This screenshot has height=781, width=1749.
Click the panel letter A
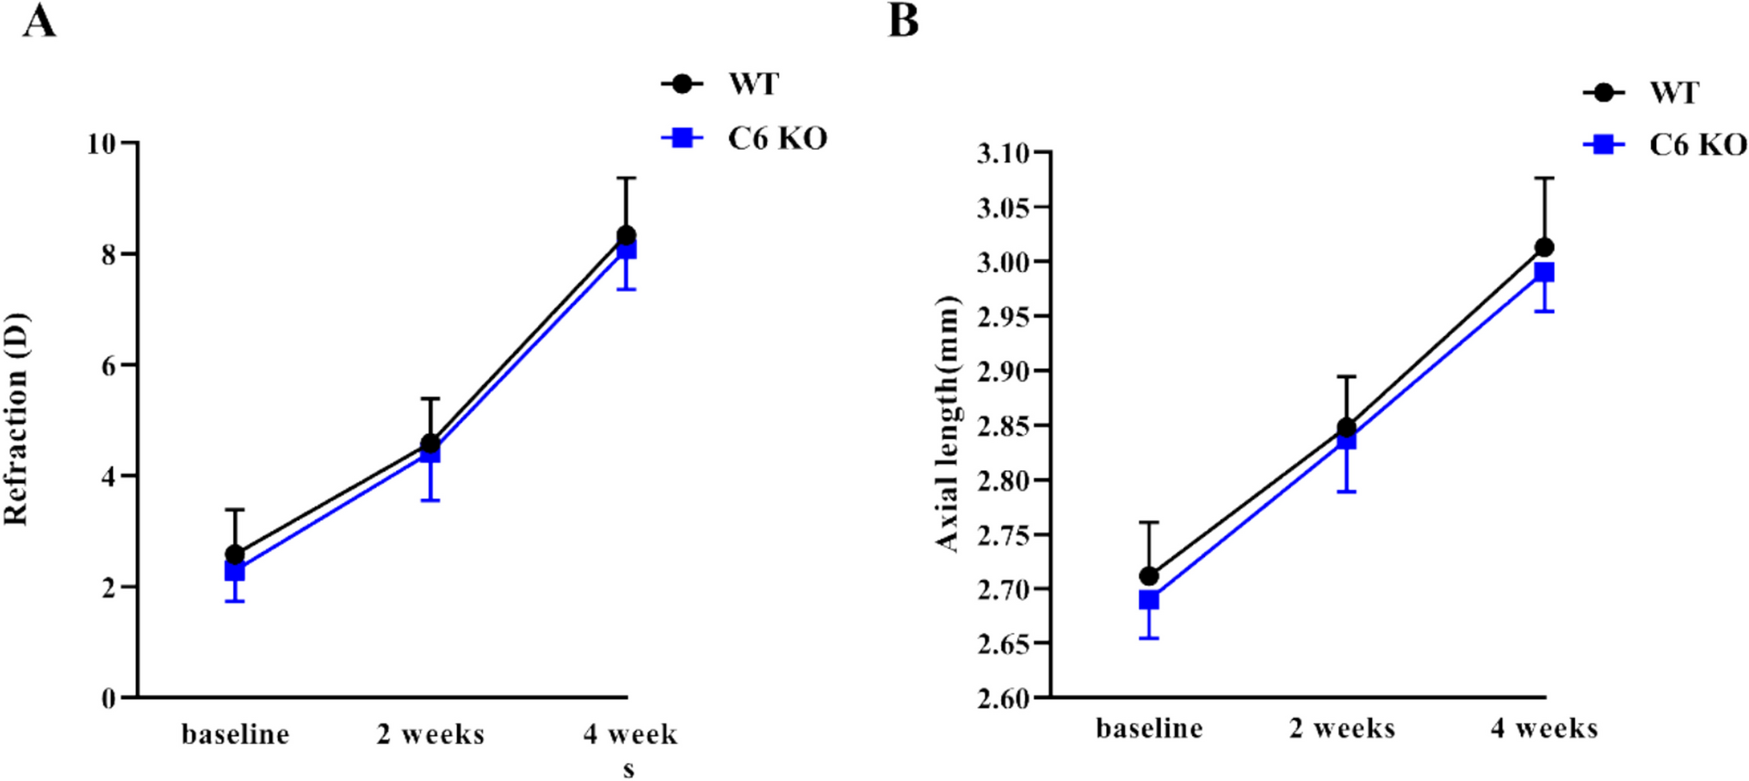(x=40, y=21)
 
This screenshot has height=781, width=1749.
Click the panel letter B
(x=903, y=21)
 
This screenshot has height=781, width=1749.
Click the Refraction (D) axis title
(x=16, y=419)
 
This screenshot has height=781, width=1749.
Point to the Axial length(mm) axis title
(x=947, y=423)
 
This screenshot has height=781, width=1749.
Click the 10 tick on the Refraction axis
(x=102, y=144)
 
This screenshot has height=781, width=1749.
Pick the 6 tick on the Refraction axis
(x=108, y=366)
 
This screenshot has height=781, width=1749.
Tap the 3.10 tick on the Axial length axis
(x=1004, y=153)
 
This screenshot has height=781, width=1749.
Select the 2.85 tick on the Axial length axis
(x=1004, y=426)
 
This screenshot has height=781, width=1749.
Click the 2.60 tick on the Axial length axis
(x=1004, y=698)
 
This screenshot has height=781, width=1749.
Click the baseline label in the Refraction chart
(x=235, y=735)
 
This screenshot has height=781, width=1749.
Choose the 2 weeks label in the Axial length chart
(x=1342, y=728)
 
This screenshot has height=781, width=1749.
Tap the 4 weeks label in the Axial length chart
(x=1544, y=728)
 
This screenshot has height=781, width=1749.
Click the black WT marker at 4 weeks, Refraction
(x=627, y=235)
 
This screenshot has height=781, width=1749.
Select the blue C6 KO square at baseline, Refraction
(x=235, y=571)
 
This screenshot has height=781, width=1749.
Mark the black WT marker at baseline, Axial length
(x=1149, y=575)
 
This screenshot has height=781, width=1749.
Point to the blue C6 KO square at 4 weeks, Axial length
(x=1545, y=273)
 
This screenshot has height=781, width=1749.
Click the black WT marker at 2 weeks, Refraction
(x=430, y=443)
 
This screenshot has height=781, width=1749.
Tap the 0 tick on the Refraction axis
(x=108, y=698)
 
